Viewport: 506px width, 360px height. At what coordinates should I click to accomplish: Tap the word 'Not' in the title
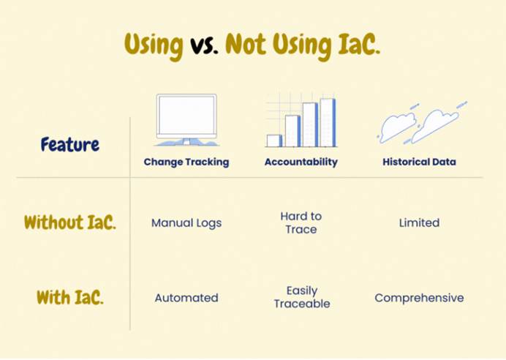pos(246,44)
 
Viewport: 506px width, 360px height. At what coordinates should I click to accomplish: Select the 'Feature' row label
pos(70,144)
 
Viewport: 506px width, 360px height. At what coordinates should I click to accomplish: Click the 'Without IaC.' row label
pos(70,222)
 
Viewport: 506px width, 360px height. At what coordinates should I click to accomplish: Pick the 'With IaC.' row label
pos(70,297)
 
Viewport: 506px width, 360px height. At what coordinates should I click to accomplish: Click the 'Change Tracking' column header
pos(186,162)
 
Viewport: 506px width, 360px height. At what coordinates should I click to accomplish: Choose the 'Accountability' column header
pos(301,162)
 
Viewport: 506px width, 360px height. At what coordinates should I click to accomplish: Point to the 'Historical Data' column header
pos(419,162)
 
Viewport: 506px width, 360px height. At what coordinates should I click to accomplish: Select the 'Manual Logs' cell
pos(186,223)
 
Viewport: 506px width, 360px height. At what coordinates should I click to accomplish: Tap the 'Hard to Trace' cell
pos(301,222)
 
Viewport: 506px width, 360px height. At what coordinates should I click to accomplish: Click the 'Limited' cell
pos(419,222)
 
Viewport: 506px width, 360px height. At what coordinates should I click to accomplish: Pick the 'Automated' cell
pos(186,298)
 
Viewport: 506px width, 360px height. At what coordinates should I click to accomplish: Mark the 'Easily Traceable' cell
pos(302,297)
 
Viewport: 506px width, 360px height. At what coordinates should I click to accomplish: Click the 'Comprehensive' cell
pos(419,298)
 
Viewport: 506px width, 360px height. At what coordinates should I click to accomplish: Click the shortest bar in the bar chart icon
pos(274,140)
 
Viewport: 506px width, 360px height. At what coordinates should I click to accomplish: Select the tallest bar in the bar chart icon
pos(328,123)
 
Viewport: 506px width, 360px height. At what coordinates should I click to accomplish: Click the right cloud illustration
pos(436,125)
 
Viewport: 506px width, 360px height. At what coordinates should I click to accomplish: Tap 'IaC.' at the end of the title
pos(358,44)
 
